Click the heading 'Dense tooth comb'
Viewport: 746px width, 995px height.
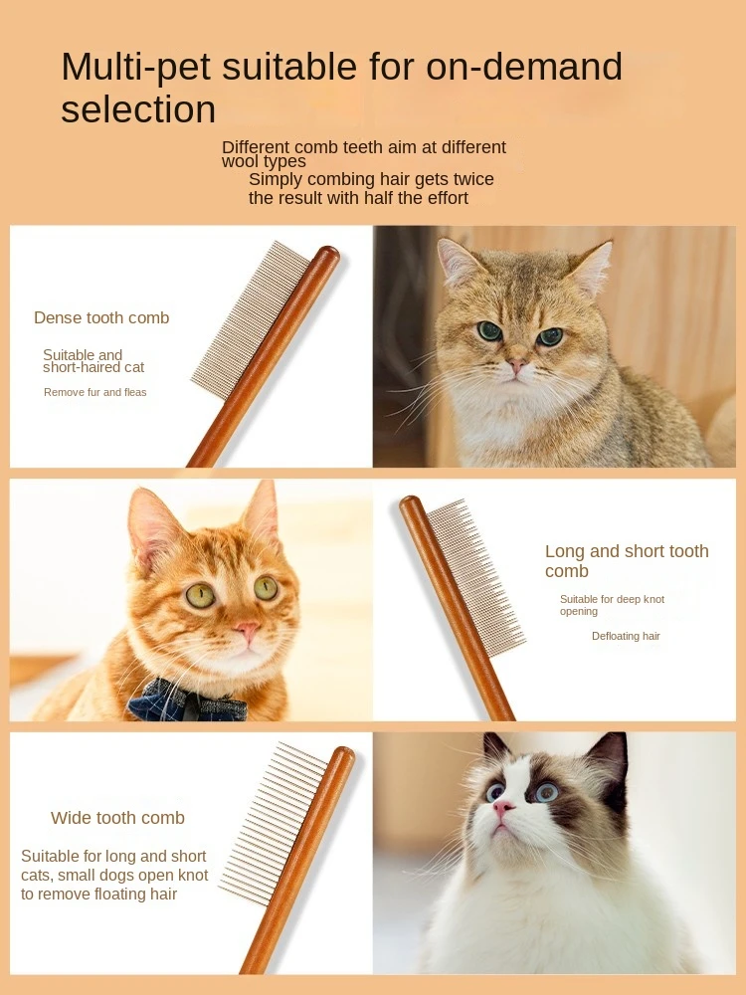click(101, 318)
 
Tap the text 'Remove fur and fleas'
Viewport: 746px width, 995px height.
click(95, 392)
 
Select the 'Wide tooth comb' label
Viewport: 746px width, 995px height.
click(118, 818)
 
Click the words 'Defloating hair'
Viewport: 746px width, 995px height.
click(626, 636)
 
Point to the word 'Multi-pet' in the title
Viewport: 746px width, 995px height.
click(135, 67)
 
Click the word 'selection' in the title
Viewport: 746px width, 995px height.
click(138, 109)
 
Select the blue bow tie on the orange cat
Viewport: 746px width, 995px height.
click(187, 701)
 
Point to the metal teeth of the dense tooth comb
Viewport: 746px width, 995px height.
click(252, 319)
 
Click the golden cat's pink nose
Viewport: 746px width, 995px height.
click(516, 365)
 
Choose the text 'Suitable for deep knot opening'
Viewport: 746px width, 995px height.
click(612, 605)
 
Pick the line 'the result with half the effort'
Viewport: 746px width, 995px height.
click(358, 198)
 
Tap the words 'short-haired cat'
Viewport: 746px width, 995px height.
click(93, 367)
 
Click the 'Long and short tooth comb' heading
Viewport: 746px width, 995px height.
click(627, 561)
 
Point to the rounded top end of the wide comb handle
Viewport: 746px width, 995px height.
click(344, 756)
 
